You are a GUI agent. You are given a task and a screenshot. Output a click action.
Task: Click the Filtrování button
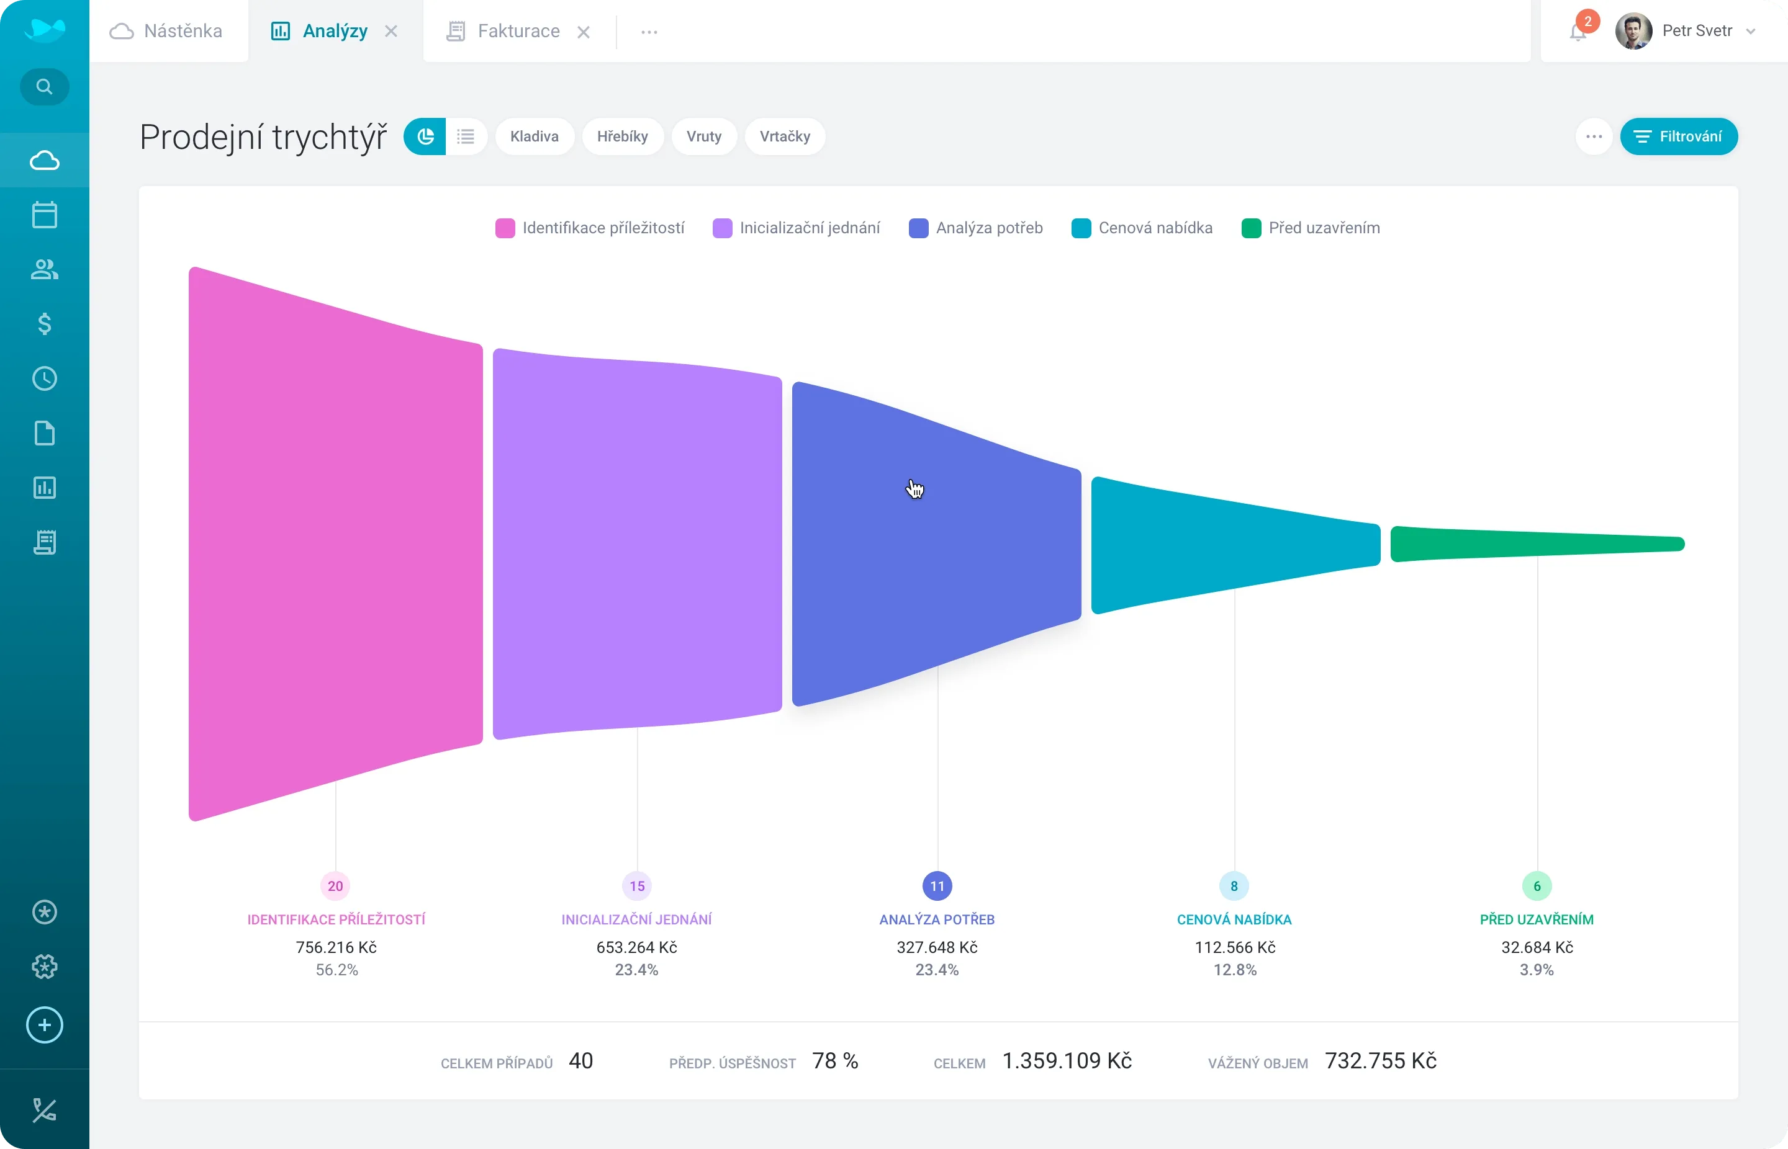pyautogui.click(x=1678, y=136)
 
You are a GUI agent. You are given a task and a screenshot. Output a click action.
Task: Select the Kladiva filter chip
pyautogui.click(x=535, y=136)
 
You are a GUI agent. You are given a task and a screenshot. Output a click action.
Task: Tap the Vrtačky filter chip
pyautogui.click(x=785, y=136)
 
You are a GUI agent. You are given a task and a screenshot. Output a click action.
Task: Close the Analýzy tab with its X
pyautogui.click(x=391, y=32)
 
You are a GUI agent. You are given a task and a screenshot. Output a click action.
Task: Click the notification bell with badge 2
pyautogui.click(x=1578, y=32)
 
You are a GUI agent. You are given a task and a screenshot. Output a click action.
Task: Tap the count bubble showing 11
pyautogui.click(x=937, y=887)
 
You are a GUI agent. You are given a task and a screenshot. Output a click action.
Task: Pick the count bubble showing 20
pyautogui.click(x=335, y=887)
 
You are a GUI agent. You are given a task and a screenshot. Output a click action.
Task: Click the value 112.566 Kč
pyautogui.click(x=1235, y=947)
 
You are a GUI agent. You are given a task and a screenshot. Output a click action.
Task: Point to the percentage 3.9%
pyautogui.click(x=1537, y=970)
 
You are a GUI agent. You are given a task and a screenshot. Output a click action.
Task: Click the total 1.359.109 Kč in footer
pyautogui.click(x=1066, y=1061)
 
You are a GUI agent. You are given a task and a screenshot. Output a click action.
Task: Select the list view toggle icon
pyautogui.click(x=466, y=136)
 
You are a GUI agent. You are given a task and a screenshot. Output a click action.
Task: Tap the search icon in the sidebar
pyautogui.click(x=45, y=87)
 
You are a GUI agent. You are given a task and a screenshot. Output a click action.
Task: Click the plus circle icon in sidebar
pyautogui.click(x=45, y=1025)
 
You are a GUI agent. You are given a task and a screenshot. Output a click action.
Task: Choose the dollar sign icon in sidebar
pyautogui.click(x=45, y=324)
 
